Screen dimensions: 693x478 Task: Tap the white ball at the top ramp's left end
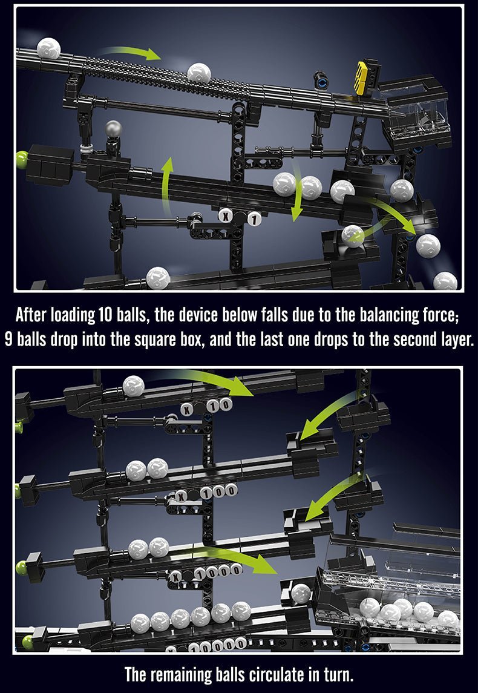[x=48, y=48]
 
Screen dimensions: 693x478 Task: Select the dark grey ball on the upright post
[x=113, y=129]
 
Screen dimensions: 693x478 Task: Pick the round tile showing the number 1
[x=255, y=219]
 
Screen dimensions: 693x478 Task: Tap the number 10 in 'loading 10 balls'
[x=105, y=315]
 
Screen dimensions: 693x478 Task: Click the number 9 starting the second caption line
[x=9, y=338]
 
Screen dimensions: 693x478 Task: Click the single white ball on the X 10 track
[x=134, y=386]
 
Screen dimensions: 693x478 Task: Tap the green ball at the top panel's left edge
[x=21, y=161]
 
